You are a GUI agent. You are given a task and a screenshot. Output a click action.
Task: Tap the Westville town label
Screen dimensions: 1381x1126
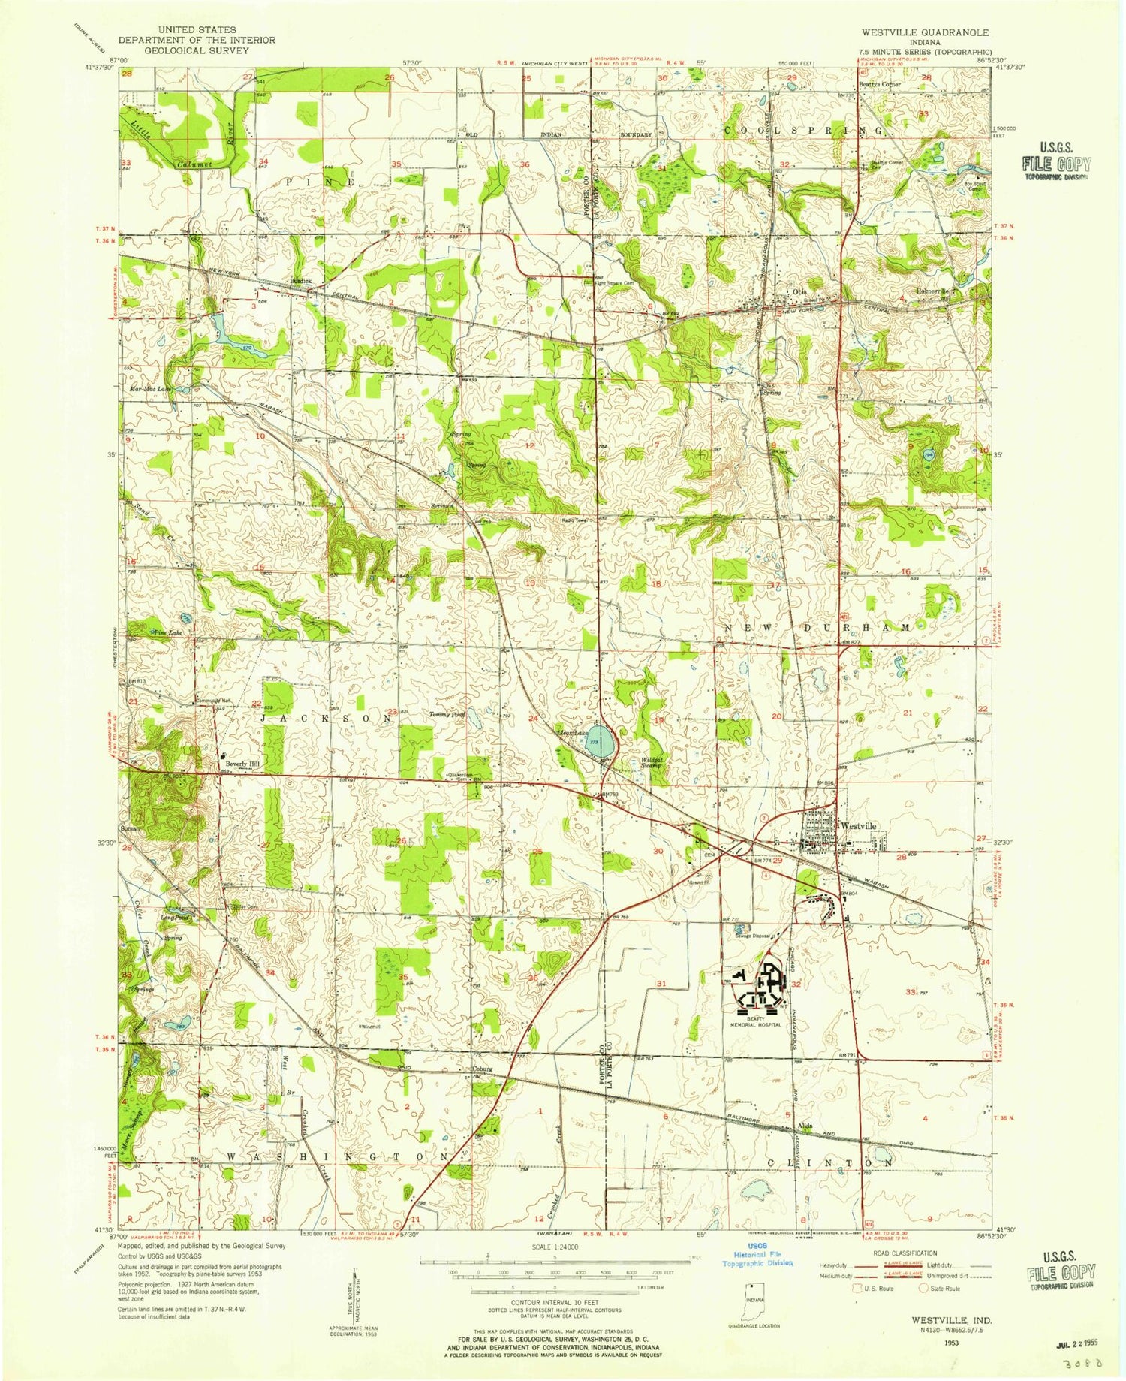pyautogui.click(x=858, y=825)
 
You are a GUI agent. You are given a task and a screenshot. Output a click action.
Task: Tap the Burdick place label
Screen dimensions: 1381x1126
pyautogui.click(x=300, y=281)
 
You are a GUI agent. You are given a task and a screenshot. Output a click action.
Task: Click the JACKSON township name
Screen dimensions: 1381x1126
pyautogui.click(x=327, y=719)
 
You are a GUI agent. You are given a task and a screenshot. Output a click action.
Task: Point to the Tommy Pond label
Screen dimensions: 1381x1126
pyautogui.click(x=447, y=715)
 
